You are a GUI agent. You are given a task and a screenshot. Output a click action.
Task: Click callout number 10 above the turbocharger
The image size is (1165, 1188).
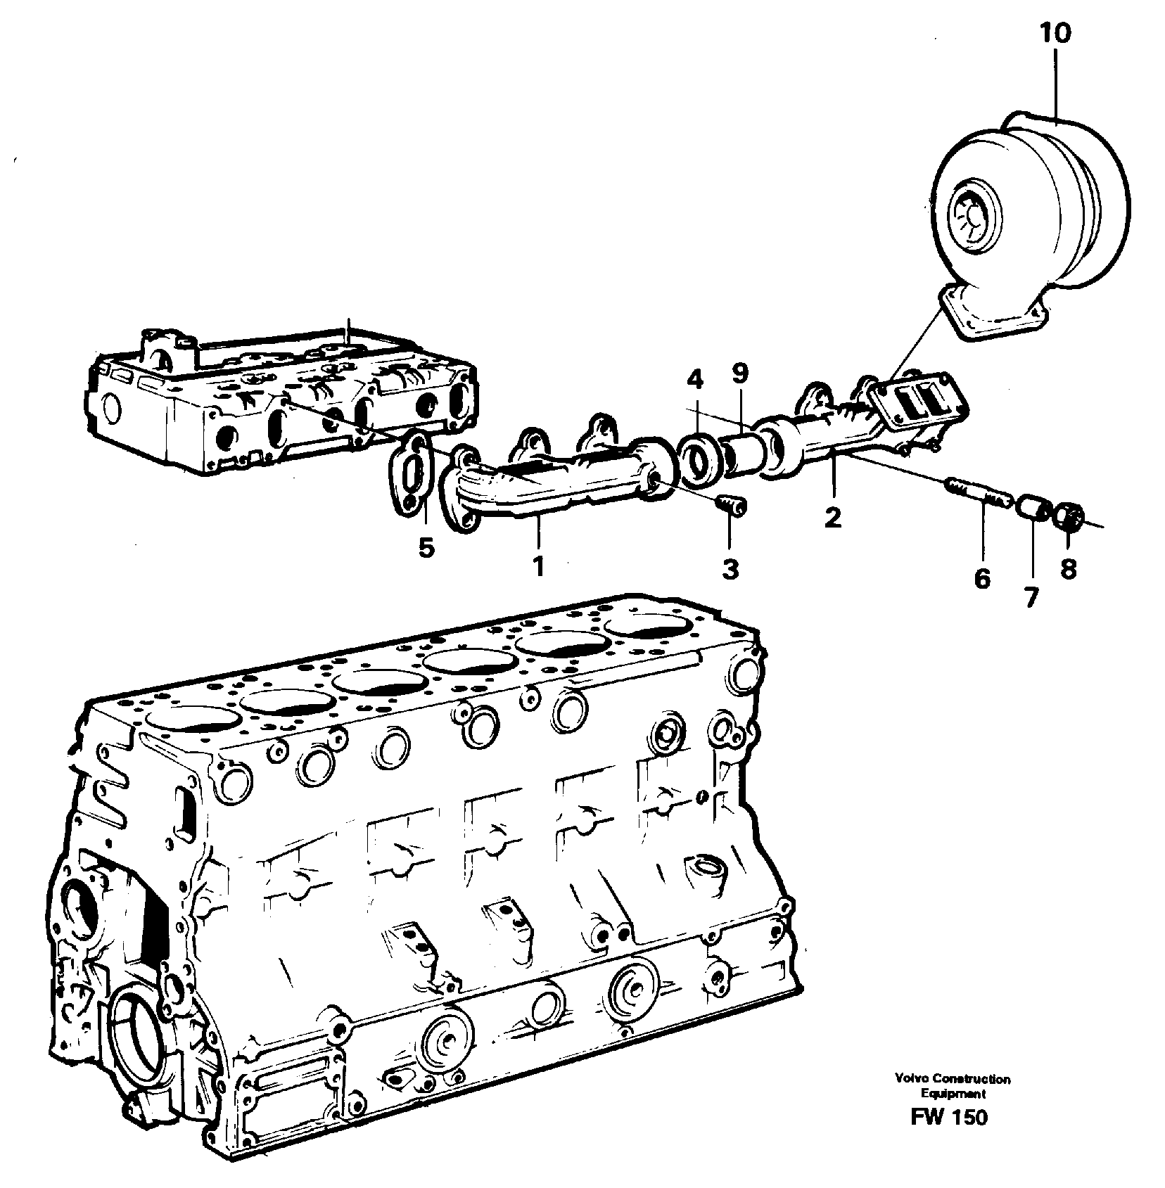click(1056, 33)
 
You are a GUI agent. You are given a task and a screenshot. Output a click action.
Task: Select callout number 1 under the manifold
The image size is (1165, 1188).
click(538, 566)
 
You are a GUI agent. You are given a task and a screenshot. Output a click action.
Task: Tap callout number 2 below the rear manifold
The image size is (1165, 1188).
click(832, 518)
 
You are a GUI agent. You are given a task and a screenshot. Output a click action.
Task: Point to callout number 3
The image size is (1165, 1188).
click(730, 568)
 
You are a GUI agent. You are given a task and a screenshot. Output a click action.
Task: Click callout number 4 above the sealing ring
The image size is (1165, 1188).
click(694, 380)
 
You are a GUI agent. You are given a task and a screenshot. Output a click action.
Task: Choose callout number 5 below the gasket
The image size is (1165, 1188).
click(426, 546)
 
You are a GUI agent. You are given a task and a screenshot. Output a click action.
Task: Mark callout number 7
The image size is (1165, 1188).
click(1031, 596)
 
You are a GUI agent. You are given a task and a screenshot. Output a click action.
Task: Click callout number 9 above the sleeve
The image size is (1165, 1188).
click(739, 373)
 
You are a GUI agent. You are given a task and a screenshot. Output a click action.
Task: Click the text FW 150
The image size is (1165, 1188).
click(949, 1117)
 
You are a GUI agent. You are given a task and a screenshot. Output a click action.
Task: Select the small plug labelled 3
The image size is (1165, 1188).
click(732, 506)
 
